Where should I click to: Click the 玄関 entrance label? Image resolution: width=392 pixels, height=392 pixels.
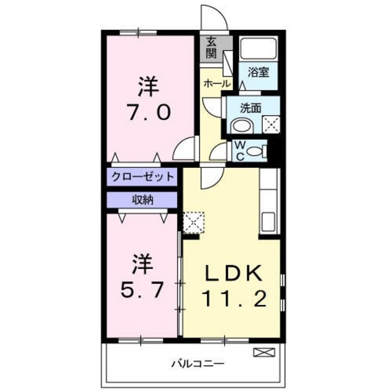coord(211,47)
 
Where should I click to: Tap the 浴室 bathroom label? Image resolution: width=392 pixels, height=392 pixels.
coord(258,72)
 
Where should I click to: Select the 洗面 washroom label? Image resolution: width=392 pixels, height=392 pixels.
coord(250,108)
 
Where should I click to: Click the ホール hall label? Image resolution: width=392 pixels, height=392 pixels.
coord(216,83)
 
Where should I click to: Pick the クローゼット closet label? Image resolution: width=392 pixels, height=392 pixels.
coord(143,176)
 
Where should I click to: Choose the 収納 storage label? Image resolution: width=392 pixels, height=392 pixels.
coord(143,199)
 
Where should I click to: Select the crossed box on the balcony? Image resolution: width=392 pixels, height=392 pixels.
coord(262,352)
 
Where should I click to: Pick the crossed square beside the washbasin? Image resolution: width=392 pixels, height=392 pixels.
coord(270,124)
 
